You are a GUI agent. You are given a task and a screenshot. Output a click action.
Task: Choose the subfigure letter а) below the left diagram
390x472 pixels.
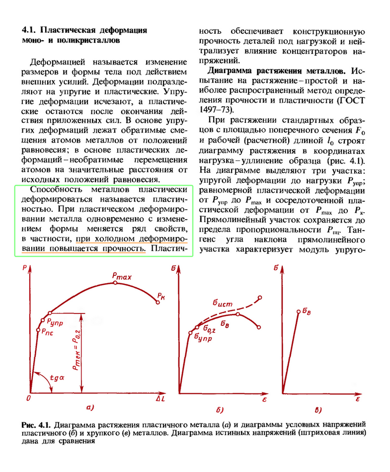(90, 409)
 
